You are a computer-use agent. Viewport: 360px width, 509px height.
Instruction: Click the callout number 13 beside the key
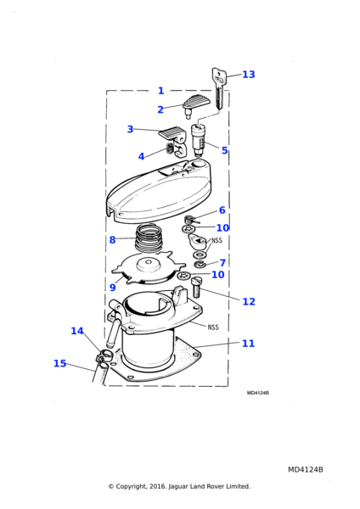pos(249,75)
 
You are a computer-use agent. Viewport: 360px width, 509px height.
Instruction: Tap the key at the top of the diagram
pos(217,88)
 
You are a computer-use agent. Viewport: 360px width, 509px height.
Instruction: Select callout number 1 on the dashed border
pos(160,91)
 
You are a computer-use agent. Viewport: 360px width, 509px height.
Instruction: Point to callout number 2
pos(160,109)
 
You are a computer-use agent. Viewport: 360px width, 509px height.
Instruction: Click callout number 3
pos(130,129)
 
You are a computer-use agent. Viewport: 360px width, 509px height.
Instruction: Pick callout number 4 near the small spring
pos(141,156)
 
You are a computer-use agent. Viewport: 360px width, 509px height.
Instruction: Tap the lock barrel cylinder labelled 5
pos(200,140)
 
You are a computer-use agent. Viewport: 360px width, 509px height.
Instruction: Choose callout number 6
pos(222,210)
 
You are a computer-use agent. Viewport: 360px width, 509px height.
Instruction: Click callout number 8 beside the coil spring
pos(112,240)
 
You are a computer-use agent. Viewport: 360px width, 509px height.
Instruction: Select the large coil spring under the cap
pos(149,240)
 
